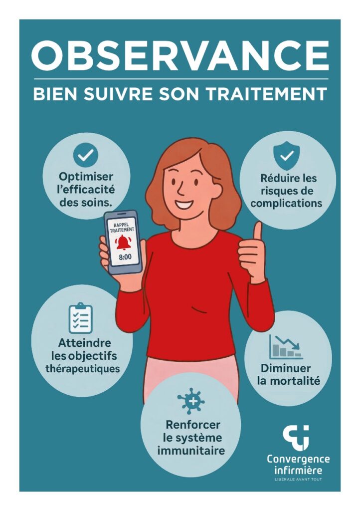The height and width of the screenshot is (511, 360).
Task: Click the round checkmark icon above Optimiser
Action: click(86, 155)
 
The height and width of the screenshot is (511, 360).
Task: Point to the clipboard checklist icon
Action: click(80, 318)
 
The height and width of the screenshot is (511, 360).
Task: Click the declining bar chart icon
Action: click(286, 347)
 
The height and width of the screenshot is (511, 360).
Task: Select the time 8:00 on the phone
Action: click(125, 257)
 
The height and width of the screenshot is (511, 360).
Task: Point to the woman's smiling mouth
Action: click(183, 205)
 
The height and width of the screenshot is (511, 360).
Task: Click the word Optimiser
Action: click(86, 177)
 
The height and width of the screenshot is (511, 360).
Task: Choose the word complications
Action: click(286, 204)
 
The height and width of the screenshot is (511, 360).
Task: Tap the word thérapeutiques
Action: click(83, 369)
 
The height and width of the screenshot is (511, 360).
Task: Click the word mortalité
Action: click(297, 381)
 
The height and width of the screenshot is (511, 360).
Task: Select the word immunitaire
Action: click(191, 451)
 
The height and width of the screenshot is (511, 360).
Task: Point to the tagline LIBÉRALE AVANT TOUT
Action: click(299, 480)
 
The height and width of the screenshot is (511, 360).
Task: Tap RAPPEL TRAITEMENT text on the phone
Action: click(122, 227)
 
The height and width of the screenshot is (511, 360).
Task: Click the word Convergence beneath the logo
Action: click(298, 460)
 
